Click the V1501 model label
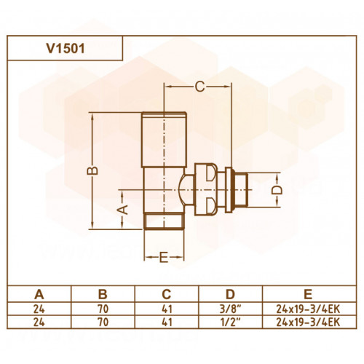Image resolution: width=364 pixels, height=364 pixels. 66,49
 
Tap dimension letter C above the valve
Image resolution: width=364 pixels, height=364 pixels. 200,87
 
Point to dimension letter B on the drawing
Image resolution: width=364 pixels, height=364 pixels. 92,170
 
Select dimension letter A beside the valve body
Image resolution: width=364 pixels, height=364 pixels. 124,210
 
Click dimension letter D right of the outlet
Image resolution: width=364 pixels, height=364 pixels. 277,190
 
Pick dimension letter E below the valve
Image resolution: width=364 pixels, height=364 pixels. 164,257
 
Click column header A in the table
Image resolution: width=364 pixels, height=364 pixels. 39,294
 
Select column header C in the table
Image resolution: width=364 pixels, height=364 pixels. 167,294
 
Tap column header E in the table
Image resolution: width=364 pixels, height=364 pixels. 308,294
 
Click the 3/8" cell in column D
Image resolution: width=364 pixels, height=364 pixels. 230,309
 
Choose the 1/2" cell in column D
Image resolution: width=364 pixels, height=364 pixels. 230,322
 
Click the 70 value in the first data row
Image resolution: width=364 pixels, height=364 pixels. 103,309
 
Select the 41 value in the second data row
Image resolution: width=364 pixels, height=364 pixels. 167,322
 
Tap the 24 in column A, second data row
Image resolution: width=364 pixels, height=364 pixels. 39,322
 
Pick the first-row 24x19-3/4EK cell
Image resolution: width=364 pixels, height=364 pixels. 308,309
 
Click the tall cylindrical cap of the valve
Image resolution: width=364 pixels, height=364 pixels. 164,140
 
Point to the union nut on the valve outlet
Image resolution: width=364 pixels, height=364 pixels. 206,190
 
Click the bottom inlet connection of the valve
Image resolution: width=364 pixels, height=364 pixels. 164,221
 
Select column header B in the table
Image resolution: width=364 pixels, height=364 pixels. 103,294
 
